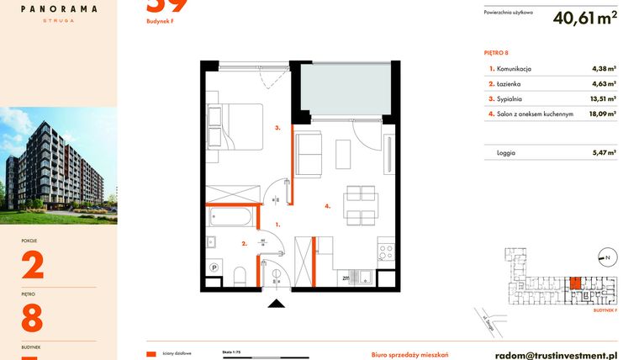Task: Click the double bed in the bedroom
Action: tap(235, 125)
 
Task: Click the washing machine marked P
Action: tap(214, 269)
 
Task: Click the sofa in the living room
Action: tap(309, 155)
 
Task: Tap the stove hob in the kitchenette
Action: tap(386, 250)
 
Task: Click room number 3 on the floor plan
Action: tap(277, 129)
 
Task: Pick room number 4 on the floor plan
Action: tap(327, 204)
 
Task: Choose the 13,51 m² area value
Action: tap(604, 98)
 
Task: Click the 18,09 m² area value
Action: tap(604, 114)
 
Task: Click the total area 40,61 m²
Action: tap(585, 18)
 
